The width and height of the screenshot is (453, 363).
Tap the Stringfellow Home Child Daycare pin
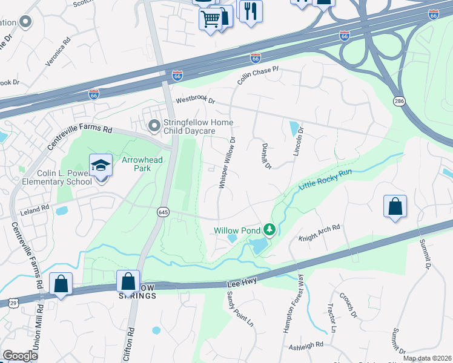coord(154,125)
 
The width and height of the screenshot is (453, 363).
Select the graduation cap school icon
coord(101,165)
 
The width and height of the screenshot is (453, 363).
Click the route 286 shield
coord(398,100)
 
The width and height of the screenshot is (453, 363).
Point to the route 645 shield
coord(163,212)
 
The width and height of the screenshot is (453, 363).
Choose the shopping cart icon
coord(211,19)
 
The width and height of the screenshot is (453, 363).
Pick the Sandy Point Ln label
coord(240,309)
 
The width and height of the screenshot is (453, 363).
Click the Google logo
coord(20,356)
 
